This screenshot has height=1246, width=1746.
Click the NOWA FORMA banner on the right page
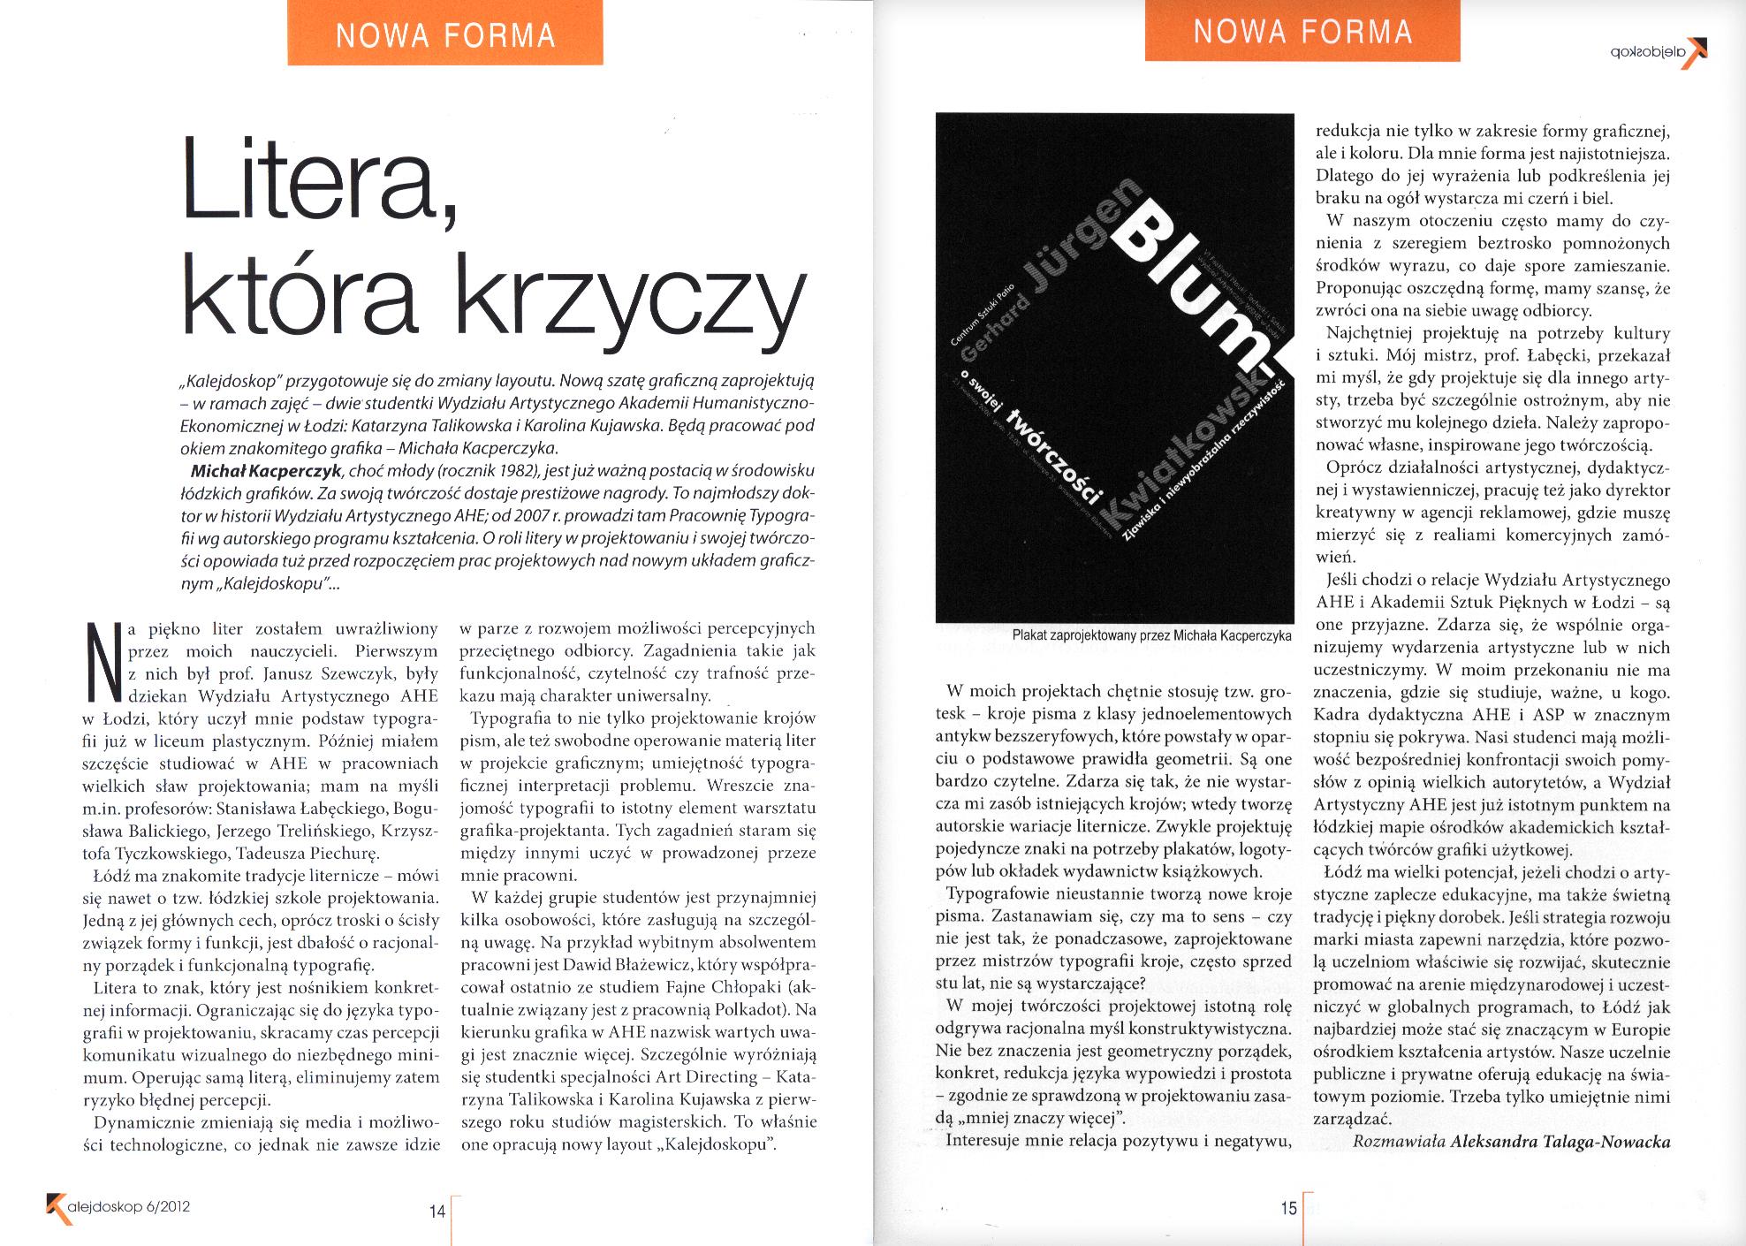(1302, 32)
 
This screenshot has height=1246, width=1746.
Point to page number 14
(437, 1212)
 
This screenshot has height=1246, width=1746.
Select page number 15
(1289, 1207)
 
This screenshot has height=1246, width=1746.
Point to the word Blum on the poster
(1183, 283)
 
